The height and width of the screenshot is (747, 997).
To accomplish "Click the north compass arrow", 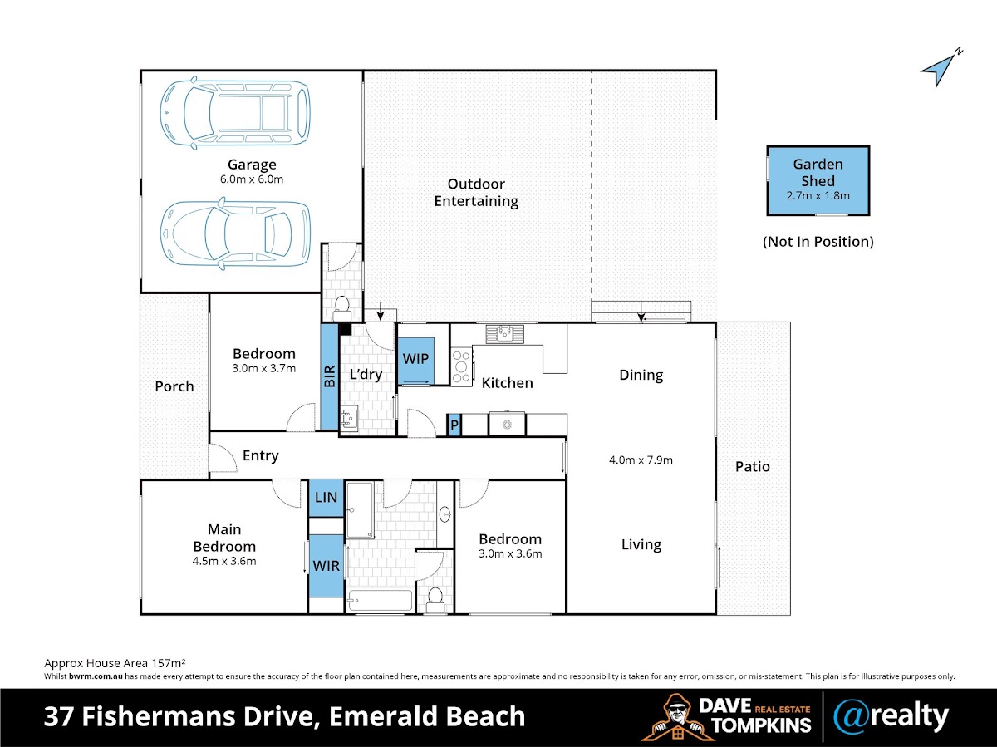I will tap(938, 71).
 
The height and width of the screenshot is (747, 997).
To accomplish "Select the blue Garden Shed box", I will tap(818, 181).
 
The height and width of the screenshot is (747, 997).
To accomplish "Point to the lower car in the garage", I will tap(236, 233).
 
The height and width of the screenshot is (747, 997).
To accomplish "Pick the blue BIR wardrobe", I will tap(330, 376).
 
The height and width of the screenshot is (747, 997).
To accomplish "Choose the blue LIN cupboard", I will tap(326, 497).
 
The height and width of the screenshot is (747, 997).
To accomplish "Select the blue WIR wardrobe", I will tap(326, 566).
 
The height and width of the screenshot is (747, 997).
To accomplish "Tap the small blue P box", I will tap(454, 425).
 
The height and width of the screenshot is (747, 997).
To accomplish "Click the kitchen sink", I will tap(504, 333).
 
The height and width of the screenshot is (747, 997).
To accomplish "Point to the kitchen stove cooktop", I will tap(461, 366).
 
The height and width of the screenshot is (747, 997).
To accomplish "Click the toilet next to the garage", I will tap(341, 309).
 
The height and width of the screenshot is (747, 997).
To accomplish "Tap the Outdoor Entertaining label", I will tap(476, 193).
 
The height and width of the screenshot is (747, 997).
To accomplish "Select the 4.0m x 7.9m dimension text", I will tap(641, 460).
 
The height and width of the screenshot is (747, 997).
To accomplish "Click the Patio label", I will tap(752, 467).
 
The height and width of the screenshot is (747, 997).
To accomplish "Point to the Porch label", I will tap(174, 386).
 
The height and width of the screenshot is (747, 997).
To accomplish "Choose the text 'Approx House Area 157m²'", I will tap(115, 663).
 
